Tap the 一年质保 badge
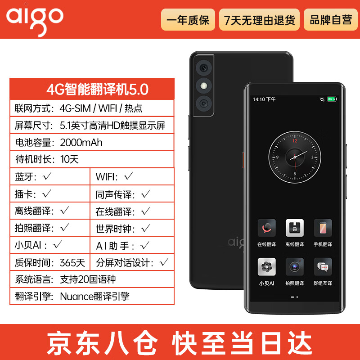click(188, 20)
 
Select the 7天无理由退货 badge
click(259, 20)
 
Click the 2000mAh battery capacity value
click(81, 143)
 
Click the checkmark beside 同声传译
click(145, 194)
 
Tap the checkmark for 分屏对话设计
click(164, 261)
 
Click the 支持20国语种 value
click(88, 279)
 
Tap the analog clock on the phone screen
click(294, 157)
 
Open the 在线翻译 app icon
click(266, 228)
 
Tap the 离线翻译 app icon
click(294, 228)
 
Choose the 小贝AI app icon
click(266, 266)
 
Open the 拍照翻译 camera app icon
click(294, 266)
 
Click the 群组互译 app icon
click(323, 266)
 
